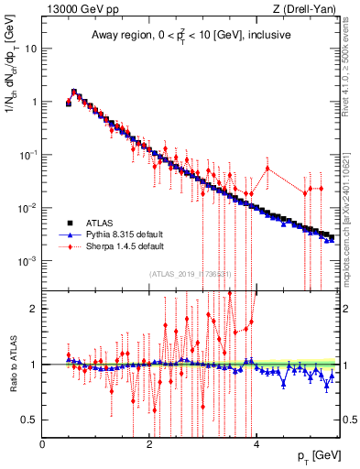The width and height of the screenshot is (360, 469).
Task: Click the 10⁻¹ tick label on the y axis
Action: pos(28,154)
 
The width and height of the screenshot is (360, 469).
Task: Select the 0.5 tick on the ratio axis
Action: pos(30,420)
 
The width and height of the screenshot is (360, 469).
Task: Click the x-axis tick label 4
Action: pos(256,444)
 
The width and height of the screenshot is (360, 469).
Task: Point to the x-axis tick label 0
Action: pos(42,444)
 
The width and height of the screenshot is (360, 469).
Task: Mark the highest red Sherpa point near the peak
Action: pos(73,92)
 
